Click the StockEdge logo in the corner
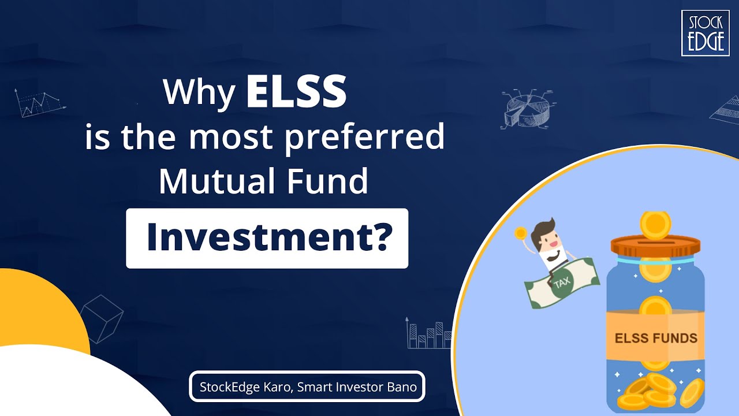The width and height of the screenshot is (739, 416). coord(705,33)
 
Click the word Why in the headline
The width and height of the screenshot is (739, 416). coord(200,92)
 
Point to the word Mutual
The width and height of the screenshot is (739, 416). coord(215,181)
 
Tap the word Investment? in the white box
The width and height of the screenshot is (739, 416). coord(267,238)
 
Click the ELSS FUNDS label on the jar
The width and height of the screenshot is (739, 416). coord(655,337)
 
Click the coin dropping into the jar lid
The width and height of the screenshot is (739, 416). coord(656,225)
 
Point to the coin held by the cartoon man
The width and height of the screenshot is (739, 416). coord(521,233)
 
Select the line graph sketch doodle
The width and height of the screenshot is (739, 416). coord(39,104)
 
